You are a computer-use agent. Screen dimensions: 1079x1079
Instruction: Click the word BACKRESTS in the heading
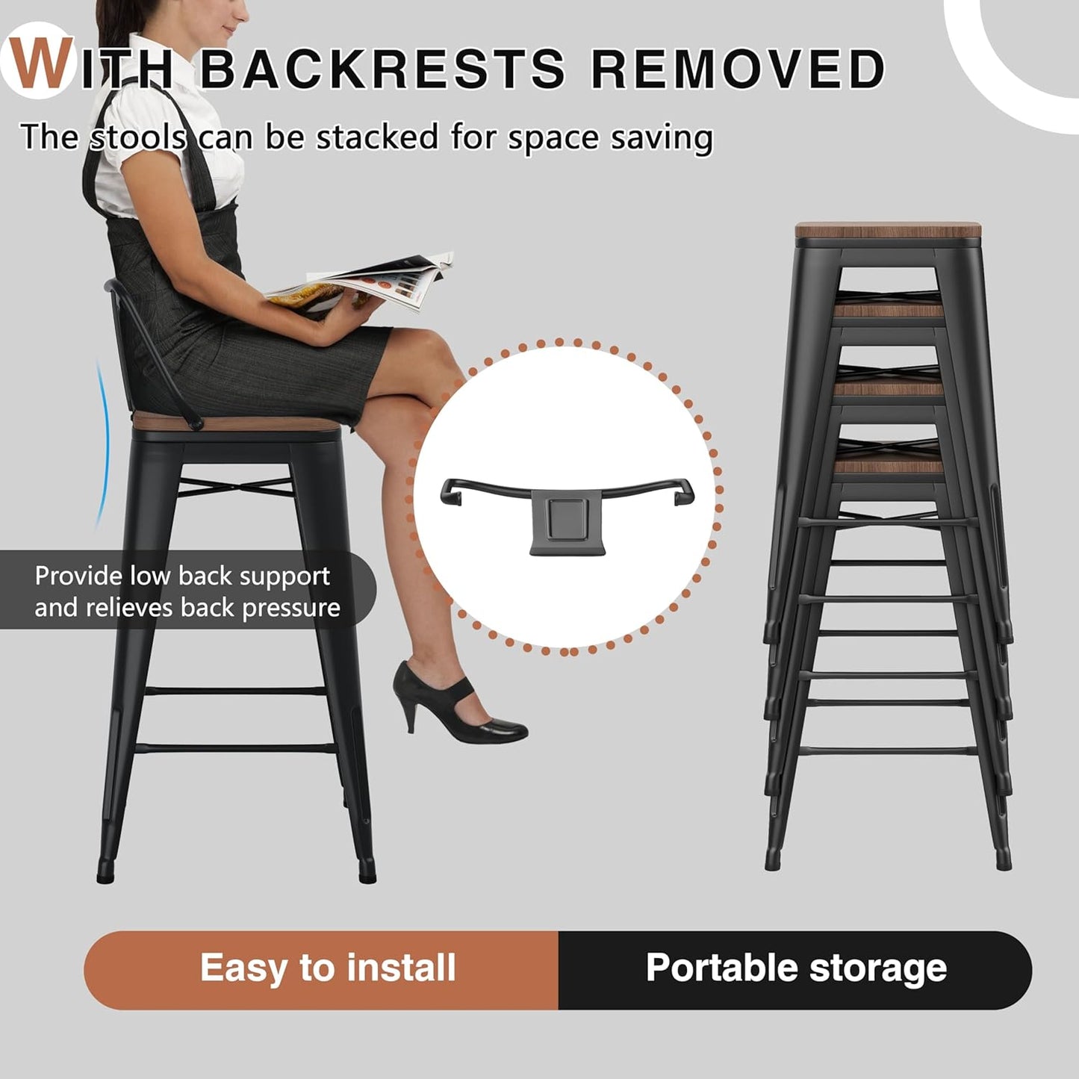pos(383,69)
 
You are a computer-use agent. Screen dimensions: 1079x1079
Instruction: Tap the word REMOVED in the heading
pos(737,69)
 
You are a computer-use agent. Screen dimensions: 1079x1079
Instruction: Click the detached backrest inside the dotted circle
pos(568,508)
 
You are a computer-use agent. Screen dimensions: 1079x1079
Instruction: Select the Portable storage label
pos(796,968)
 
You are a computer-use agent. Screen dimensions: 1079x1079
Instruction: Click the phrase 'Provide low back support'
pos(182,576)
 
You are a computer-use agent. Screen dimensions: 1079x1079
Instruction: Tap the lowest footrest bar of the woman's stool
pos(234,747)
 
